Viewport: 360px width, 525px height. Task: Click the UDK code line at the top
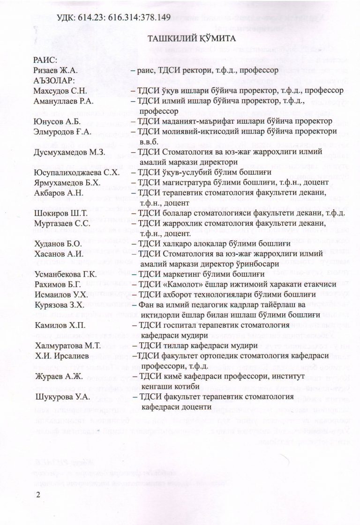pyautogui.click(x=113, y=18)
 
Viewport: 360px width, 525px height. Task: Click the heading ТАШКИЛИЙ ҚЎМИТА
pyautogui.click(x=181, y=39)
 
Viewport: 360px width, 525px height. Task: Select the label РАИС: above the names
pyautogui.click(x=45, y=60)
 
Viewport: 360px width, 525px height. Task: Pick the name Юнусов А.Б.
pyautogui.click(x=55, y=121)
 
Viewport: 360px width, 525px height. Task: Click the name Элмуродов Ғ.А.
pyautogui.click(x=61, y=132)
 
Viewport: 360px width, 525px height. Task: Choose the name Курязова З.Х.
pyautogui.click(x=60, y=305)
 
